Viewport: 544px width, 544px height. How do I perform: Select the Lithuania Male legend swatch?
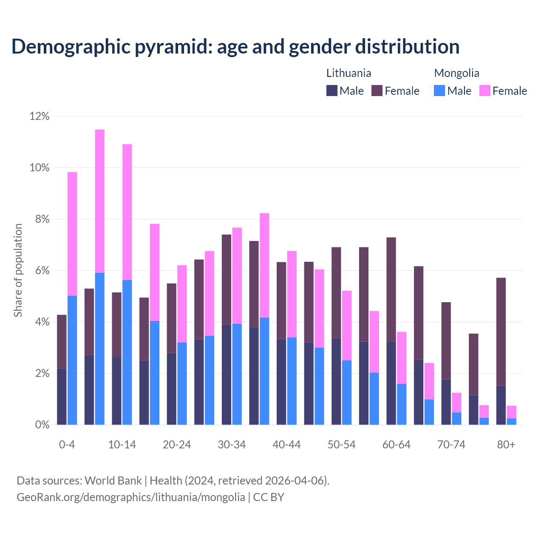pos(332,91)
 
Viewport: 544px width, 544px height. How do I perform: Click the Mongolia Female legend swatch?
pos(485,91)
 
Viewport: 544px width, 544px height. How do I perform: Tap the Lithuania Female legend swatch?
pos(377,91)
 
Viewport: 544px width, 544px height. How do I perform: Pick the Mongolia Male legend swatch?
pos(439,91)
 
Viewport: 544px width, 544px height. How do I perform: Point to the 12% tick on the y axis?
pos(40,116)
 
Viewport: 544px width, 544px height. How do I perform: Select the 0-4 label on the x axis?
pos(67,445)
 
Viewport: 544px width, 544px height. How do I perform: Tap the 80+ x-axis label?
pos(506,445)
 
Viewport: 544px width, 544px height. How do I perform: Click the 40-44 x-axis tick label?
pos(286,445)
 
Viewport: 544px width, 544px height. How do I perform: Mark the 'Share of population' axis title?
pos(18,270)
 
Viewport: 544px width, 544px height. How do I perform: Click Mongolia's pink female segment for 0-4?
pos(72,234)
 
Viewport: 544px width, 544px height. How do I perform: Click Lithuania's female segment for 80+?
pos(501,331)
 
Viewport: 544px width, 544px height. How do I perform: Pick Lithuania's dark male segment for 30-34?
pos(227,374)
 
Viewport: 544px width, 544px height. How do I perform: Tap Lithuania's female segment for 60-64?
pos(391,289)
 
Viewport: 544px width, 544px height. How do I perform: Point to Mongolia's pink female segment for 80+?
pos(512,412)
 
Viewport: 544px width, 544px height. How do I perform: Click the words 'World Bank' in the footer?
pos(113,481)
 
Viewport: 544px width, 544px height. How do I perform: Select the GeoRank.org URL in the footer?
pos(131,497)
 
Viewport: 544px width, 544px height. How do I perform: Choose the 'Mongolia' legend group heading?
pos(456,73)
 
